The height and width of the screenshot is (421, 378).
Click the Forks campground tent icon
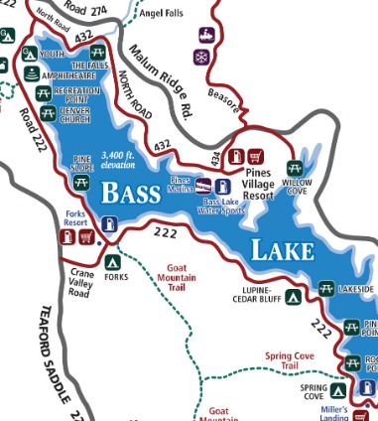pos(112,263)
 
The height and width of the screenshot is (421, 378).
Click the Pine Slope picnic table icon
pos(81,182)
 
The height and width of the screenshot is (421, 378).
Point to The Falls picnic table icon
pos(97,50)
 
